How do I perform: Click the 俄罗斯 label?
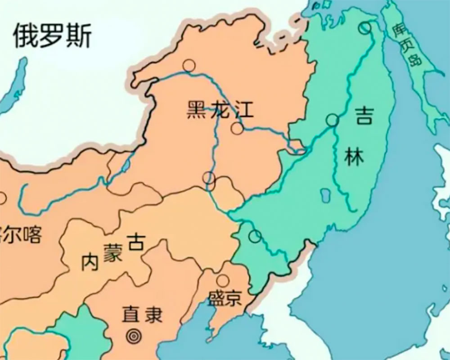pyautogui.click(x=52, y=36)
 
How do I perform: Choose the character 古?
pyautogui.click(x=135, y=242)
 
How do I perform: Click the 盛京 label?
pyautogui.click(x=224, y=298)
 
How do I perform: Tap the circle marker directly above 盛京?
pyautogui.click(x=222, y=281)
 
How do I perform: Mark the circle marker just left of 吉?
pyautogui.click(x=333, y=120)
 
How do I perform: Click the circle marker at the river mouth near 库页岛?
pyautogui.click(x=365, y=28)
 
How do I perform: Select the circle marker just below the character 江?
pyautogui.click(x=237, y=129)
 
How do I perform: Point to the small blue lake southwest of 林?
pyautogui.click(x=323, y=196)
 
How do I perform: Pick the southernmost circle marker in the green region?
pyautogui.click(x=255, y=236)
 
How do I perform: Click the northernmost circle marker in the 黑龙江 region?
pyautogui.click(x=189, y=66)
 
